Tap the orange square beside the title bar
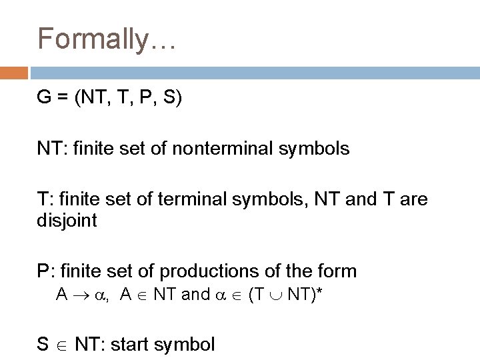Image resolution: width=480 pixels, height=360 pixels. (13, 72)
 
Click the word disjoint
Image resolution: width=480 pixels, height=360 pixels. (67, 220)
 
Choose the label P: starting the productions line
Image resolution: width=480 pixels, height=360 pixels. (46, 271)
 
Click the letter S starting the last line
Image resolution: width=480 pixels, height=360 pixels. (43, 345)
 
